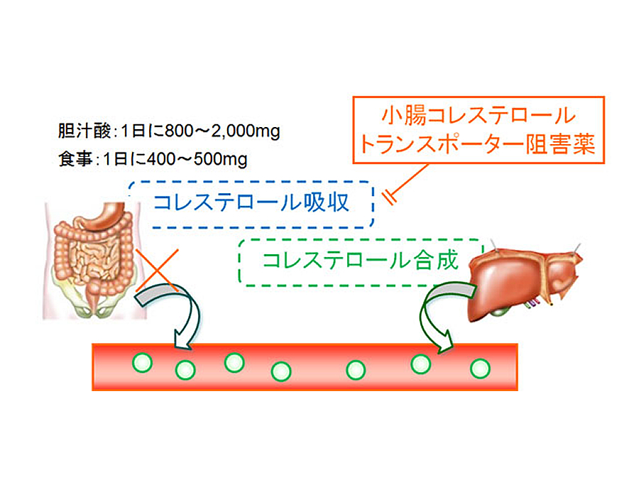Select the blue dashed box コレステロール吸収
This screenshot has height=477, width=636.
point(252,204)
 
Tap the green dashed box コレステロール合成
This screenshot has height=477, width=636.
point(356,261)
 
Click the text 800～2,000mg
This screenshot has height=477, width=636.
point(223,131)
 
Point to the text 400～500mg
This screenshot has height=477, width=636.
point(205,160)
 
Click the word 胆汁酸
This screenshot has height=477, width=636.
point(76,131)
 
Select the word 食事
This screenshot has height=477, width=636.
point(72,160)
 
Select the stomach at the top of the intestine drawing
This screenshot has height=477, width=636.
point(110,216)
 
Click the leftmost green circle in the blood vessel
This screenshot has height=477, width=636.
point(142,363)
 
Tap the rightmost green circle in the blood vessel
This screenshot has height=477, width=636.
point(481,368)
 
